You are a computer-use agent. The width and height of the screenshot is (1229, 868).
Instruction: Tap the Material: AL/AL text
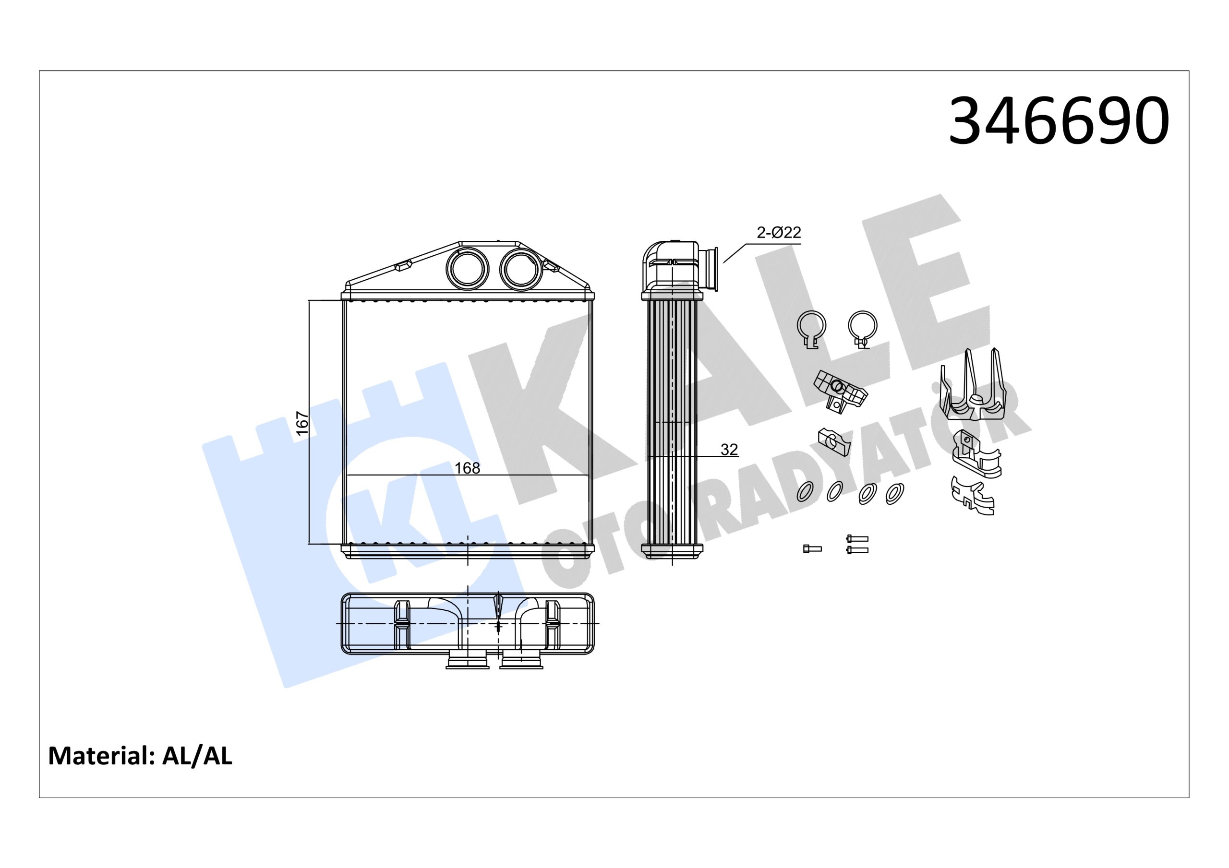(140, 756)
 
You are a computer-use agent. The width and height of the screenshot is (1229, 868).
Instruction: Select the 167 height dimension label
(302, 423)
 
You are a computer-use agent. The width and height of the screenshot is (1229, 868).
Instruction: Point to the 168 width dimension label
(467, 468)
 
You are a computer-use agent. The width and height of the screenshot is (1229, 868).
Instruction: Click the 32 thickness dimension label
(729, 450)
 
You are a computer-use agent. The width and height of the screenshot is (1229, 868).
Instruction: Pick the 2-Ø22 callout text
(778, 232)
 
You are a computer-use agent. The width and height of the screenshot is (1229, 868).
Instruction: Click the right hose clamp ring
(862, 326)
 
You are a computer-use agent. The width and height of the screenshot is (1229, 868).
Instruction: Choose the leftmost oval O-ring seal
(805, 491)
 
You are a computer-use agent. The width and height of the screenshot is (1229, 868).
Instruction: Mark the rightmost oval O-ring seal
(895, 493)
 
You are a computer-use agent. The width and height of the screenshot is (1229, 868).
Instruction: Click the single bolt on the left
(812, 548)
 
